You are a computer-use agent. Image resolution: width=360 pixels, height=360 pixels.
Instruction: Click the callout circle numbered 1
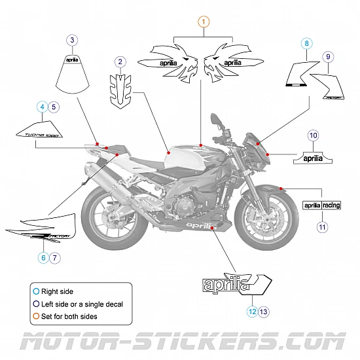[x=204, y=22]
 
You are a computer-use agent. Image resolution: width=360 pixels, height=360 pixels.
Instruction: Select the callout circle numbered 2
[x=120, y=62]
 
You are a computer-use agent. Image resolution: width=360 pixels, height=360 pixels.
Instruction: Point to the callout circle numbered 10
[x=314, y=135]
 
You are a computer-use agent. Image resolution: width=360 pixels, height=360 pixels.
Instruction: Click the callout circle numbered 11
[x=322, y=227]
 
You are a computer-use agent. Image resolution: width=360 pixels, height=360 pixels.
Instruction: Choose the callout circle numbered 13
[x=263, y=312]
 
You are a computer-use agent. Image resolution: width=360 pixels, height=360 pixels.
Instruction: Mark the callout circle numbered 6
[x=44, y=257]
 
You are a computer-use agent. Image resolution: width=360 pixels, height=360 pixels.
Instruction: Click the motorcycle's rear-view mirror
[x=218, y=122]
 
